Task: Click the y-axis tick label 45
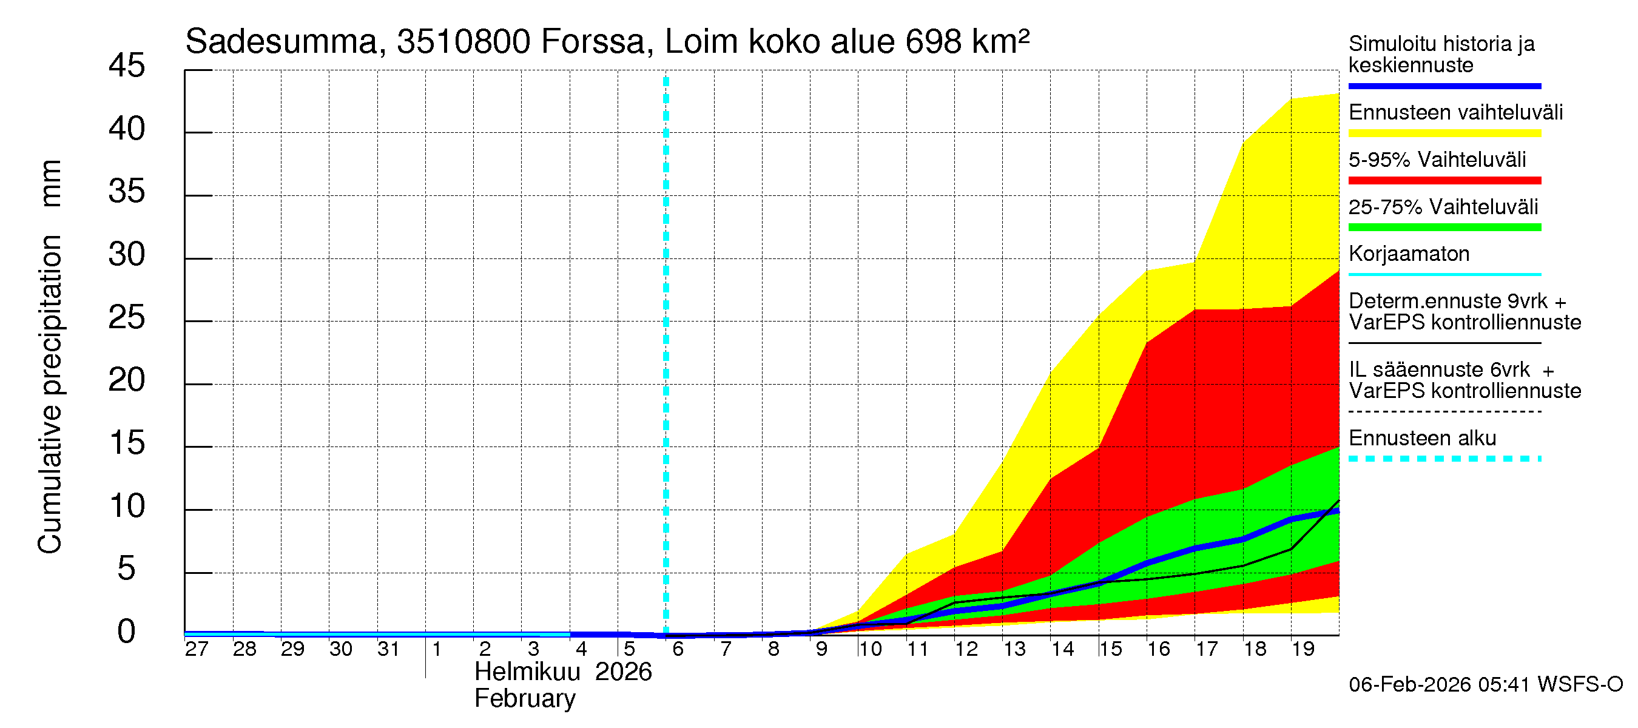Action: [127, 66]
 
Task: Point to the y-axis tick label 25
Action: [127, 317]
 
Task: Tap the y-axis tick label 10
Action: [127, 506]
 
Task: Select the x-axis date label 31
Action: [388, 649]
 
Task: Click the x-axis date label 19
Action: [1303, 649]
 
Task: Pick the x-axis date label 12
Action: [966, 649]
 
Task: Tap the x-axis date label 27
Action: [197, 649]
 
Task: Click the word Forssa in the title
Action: [593, 42]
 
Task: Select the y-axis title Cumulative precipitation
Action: [50, 394]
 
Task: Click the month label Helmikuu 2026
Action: [563, 672]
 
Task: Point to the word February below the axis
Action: [525, 698]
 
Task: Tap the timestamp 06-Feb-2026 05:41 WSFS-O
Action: [1485, 684]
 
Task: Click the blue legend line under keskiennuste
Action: [1444, 86]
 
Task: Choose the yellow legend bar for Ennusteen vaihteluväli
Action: [1444, 133]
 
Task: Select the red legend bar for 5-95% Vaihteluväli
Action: [1444, 181]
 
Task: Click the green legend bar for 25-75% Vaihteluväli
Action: [1444, 227]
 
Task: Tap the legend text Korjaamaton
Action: [1409, 254]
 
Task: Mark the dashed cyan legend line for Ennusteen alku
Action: [1444, 459]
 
